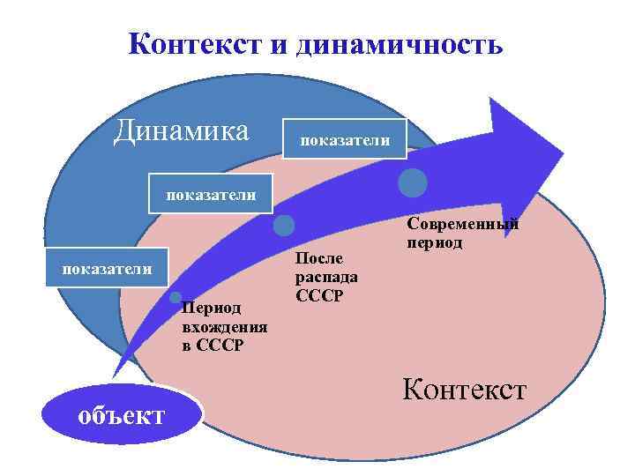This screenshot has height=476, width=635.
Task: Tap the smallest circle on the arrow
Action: pyautogui.click(x=176, y=297)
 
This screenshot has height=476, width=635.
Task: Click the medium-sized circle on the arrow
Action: pyautogui.click(x=284, y=226)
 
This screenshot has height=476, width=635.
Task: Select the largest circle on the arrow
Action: pyautogui.click(x=413, y=182)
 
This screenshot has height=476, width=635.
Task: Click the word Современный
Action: pyautogui.click(x=462, y=224)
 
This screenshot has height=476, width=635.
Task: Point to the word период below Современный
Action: pyautogui.click(x=434, y=242)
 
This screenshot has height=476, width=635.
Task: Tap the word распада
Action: pyautogui.click(x=325, y=276)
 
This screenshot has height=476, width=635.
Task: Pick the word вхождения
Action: pyautogui.click(x=224, y=328)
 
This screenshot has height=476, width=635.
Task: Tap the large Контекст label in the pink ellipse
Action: pyautogui.click(x=464, y=389)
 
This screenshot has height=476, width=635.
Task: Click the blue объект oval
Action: pyautogui.click(x=122, y=414)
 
